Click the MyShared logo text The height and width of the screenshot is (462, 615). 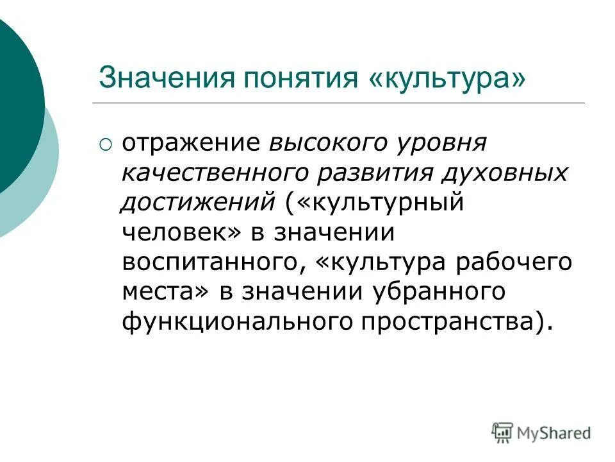(554, 433)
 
